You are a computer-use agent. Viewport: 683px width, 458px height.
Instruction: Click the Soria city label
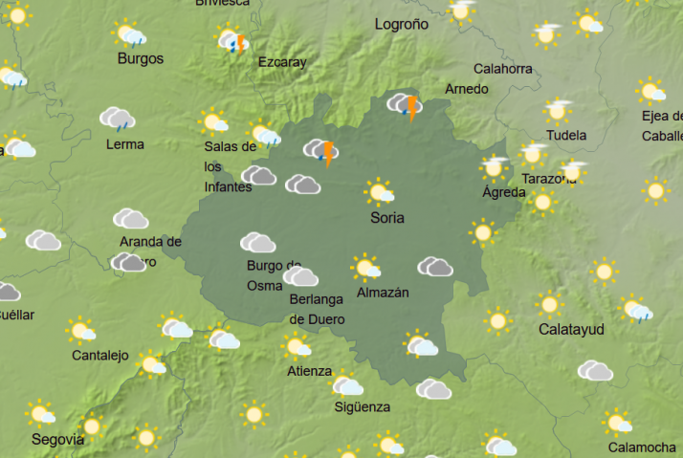[387, 218]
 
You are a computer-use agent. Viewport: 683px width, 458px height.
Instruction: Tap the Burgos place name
[140, 59]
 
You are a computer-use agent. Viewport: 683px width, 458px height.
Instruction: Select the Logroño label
[402, 24]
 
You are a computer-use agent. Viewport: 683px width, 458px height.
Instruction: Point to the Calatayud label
[571, 329]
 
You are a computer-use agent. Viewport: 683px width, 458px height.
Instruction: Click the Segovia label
[57, 440]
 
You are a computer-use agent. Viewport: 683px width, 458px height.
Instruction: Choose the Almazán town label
[382, 293]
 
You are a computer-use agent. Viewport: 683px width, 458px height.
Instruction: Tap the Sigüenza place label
[362, 407]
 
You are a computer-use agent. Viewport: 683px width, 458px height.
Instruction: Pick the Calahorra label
[503, 69]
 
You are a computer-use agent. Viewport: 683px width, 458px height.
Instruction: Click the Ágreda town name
[503, 192]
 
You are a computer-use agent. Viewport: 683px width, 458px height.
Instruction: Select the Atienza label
[309, 371]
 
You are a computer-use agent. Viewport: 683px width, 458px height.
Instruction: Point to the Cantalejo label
[99, 356]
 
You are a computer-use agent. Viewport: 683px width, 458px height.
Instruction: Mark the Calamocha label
[642, 447]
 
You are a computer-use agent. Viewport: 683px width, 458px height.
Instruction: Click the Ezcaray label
[282, 63]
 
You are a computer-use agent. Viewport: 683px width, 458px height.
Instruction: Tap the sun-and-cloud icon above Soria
[380, 191]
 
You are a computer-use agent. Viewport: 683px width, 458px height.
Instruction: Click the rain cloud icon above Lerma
[117, 120]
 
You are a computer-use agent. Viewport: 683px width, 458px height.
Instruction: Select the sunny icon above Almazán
[364, 267]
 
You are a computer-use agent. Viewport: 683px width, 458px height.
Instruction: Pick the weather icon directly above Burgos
[130, 35]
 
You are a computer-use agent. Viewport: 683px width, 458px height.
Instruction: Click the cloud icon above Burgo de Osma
[257, 242]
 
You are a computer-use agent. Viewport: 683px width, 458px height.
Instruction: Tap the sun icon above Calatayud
[549, 305]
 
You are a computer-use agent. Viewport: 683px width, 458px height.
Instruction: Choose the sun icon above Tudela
[558, 110]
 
